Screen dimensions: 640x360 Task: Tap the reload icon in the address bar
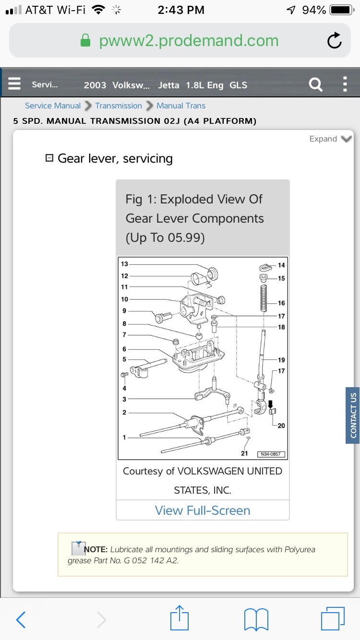click(x=335, y=41)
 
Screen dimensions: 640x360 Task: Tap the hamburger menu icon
click(x=14, y=84)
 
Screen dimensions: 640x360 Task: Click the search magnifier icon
click(x=315, y=85)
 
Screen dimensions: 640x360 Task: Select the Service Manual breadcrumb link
click(x=52, y=106)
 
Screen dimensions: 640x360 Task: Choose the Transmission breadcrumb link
click(x=119, y=106)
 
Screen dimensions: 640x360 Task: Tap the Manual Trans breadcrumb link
click(x=181, y=106)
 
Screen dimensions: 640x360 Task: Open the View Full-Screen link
click(x=203, y=510)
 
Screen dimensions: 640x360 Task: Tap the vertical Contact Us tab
click(x=353, y=415)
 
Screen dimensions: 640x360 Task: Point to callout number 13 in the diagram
click(x=125, y=264)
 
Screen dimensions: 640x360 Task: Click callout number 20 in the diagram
click(x=281, y=426)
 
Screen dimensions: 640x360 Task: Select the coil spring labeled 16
click(x=263, y=299)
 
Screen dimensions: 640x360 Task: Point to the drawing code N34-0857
click(x=271, y=454)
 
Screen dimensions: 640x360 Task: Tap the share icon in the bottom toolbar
click(x=180, y=618)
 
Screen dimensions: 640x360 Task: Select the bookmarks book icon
click(x=256, y=619)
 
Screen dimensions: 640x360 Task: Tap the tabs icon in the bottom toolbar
click(x=332, y=619)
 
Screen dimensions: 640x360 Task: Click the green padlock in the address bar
click(x=85, y=41)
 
